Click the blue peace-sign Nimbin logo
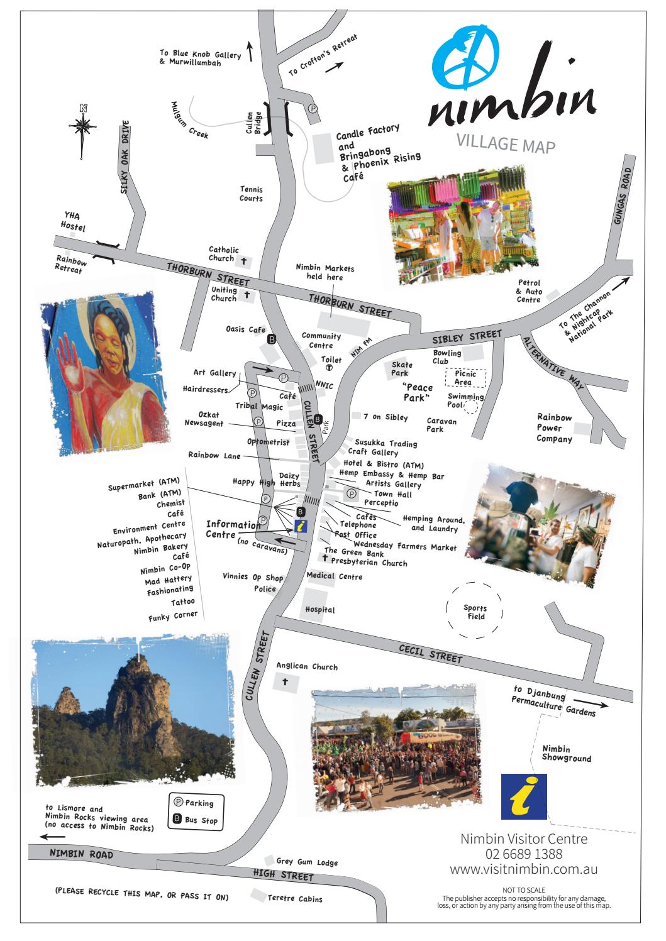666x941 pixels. coord(466,61)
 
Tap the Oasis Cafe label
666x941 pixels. coord(245,329)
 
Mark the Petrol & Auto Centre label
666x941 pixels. coord(528,291)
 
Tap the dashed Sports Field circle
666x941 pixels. coord(475,612)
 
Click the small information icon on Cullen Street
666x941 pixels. coord(301,526)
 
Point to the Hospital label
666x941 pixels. coord(319,609)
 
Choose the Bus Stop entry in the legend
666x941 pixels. coord(196,820)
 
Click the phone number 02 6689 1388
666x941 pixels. coord(523,854)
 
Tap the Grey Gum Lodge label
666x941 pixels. coord(307,862)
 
